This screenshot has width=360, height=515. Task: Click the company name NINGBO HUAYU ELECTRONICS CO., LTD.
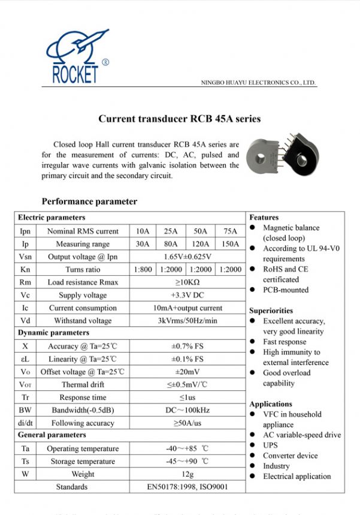258,83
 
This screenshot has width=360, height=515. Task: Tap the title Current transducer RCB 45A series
179,119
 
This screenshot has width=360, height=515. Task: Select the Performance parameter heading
89,201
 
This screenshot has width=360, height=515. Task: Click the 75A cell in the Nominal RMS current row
230,231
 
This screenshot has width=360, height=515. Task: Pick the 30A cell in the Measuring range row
143,244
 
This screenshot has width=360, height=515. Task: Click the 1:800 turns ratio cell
143,270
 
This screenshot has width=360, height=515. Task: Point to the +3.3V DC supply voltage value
187,295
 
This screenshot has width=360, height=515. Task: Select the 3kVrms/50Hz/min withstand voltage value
187,321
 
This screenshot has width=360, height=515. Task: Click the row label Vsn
25,257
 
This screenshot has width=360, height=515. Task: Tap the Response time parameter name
83,397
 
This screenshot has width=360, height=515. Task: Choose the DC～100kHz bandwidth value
187,410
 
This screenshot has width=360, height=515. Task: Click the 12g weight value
187,474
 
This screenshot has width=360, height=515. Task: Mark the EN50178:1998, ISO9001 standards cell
187,487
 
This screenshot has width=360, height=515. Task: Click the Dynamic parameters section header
53,333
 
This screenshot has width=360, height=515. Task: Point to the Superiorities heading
271,311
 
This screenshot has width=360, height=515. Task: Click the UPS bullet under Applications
271,445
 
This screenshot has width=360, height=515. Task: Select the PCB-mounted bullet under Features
286,290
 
